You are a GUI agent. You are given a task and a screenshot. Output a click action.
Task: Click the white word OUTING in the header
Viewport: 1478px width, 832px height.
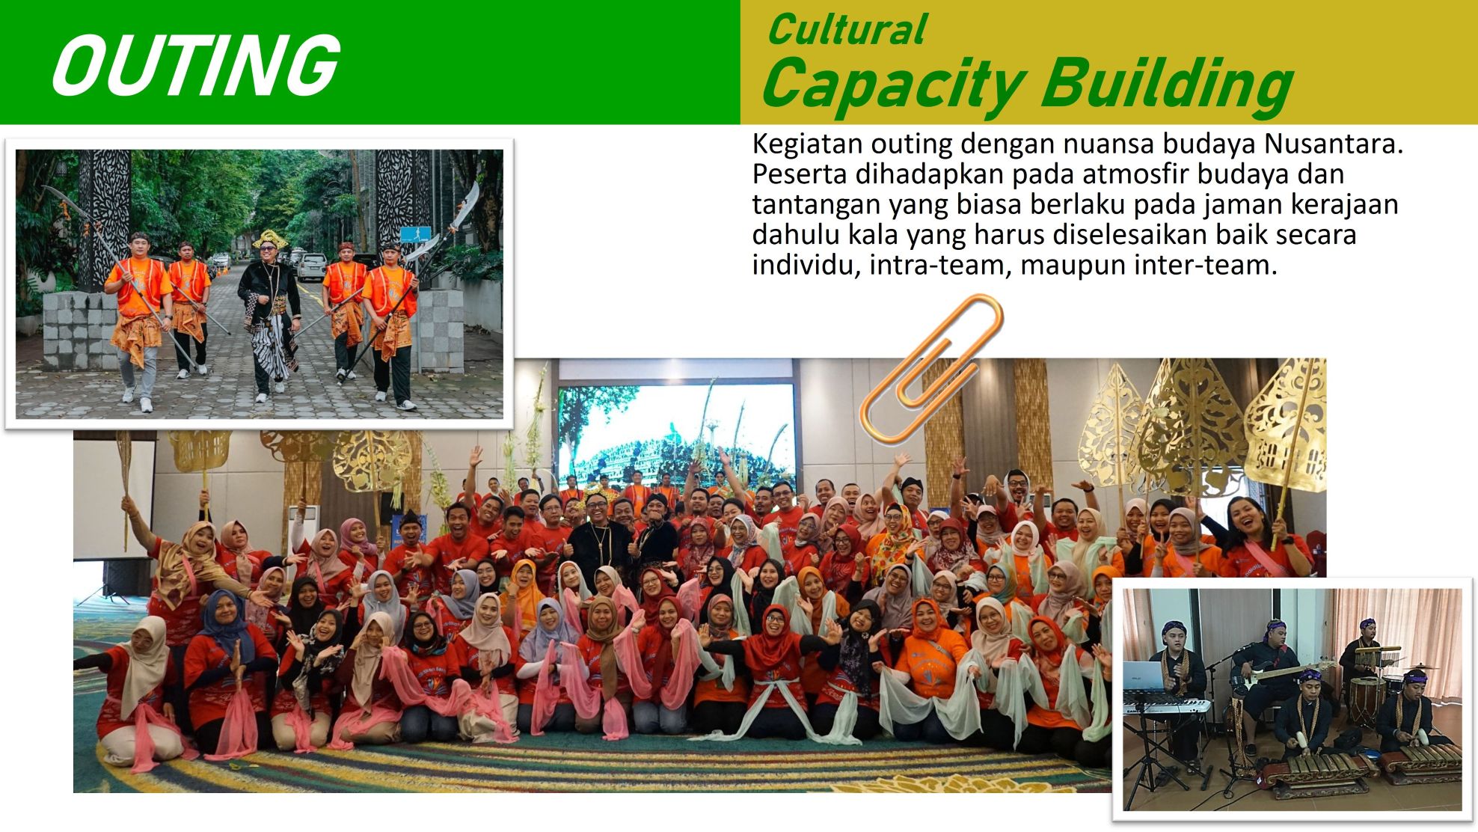196,65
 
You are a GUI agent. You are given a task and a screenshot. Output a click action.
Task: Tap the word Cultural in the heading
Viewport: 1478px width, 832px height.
847,30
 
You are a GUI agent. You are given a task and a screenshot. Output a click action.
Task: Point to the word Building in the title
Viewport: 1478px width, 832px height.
1167,84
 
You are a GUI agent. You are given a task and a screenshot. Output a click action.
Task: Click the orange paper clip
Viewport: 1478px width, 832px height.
930,367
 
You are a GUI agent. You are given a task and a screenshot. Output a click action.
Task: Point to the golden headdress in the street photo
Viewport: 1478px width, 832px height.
269,239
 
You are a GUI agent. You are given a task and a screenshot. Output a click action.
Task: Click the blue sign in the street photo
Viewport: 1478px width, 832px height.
415,233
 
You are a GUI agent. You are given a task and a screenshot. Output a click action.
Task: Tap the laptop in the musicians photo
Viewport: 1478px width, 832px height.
1143,676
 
